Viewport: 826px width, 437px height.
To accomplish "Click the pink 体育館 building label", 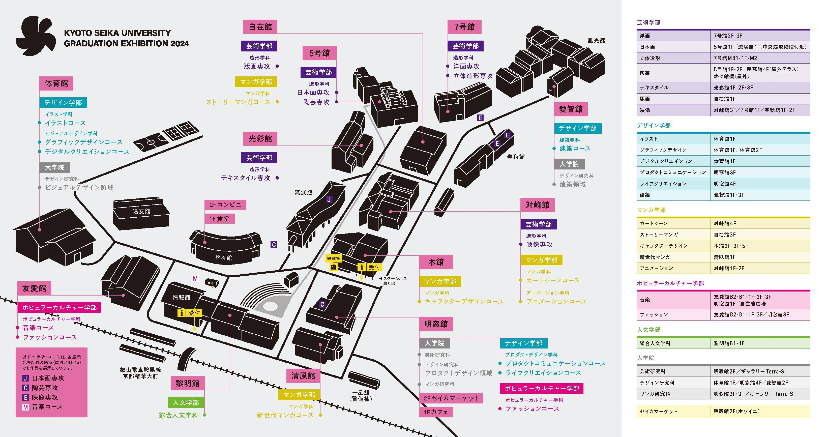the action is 56,83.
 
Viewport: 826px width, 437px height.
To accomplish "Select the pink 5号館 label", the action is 319,53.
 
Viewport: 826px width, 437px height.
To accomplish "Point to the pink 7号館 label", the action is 464,27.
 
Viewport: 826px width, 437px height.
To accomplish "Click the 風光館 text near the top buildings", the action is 596,40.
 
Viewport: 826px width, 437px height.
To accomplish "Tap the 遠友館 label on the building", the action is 141,211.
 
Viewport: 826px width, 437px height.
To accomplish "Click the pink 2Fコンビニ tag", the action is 225,205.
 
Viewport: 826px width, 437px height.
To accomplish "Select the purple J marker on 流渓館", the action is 329,199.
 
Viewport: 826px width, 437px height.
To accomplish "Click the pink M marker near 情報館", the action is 195,278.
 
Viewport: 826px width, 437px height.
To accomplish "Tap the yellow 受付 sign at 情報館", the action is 190,313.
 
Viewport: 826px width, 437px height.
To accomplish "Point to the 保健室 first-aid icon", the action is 334,267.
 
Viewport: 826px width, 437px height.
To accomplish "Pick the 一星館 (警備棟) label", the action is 361,396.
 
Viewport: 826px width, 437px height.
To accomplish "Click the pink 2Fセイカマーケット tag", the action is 451,398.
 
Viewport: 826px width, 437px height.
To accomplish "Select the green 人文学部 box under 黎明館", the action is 186,402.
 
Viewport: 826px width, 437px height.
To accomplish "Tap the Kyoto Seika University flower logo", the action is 36,36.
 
